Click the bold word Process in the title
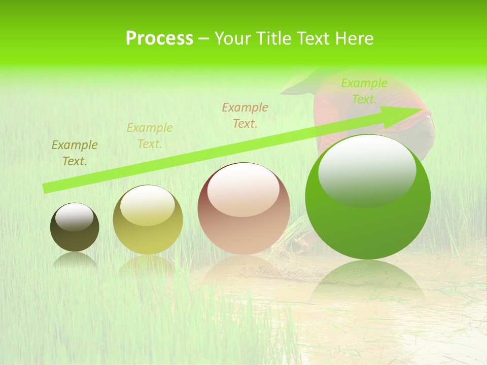(159, 39)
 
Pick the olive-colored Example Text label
(75, 153)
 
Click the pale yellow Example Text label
(150, 136)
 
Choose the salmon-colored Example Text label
(245, 115)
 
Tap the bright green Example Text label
(364, 91)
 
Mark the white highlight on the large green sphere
(367, 170)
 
